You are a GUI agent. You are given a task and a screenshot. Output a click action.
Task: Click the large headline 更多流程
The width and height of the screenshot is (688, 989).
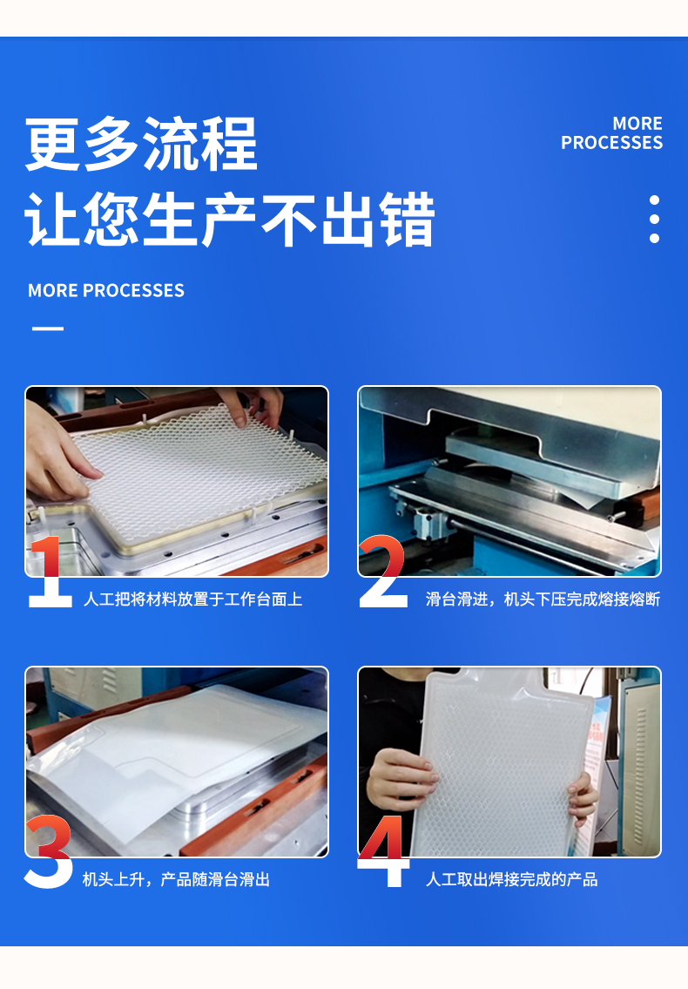[x=141, y=144]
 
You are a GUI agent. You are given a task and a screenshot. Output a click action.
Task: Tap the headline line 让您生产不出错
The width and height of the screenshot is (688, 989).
[x=230, y=219]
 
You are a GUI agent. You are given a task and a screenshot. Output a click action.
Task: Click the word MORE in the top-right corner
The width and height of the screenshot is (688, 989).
[x=637, y=124]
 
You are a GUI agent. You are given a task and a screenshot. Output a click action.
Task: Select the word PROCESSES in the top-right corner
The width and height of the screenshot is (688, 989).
[x=611, y=143]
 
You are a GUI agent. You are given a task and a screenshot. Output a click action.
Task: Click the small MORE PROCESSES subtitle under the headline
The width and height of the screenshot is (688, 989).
[x=106, y=291]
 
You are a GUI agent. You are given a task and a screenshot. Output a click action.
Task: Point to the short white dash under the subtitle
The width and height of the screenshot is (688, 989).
[x=48, y=328]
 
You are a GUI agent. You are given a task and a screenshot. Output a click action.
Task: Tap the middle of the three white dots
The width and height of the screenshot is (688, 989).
[x=655, y=220]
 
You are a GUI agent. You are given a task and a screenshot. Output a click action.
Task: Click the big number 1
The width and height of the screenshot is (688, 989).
[x=51, y=572]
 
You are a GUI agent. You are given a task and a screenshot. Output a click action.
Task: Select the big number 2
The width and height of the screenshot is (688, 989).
[x=383, y=572]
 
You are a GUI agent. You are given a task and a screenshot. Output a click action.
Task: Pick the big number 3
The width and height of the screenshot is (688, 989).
[x=49, y=851]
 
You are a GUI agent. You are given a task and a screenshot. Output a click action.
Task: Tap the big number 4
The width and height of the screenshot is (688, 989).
[x=383, y=851]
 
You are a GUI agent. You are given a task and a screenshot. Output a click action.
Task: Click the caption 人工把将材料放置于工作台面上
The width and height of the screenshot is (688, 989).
[x=193, y=599]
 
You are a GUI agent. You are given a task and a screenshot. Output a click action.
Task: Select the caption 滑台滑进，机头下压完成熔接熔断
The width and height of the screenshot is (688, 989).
[x=543, y=599]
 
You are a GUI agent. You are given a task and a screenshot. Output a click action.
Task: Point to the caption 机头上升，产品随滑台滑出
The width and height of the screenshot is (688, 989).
[x=176, y=879]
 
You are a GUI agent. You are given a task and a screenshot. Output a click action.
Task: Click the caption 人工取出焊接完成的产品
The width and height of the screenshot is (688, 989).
[x=511, y=879]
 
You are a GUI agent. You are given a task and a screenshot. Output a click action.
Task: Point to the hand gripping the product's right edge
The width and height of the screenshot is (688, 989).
[x=584, y=798]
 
